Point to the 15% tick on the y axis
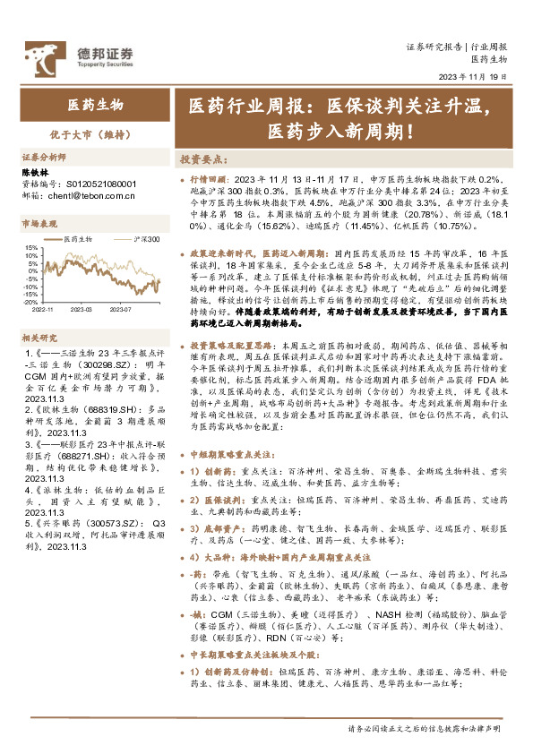[30, 245]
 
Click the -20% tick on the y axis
[30, 278]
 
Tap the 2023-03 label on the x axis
[82, 284]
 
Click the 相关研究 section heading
[38, 312]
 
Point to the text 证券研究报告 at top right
[433, 46]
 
